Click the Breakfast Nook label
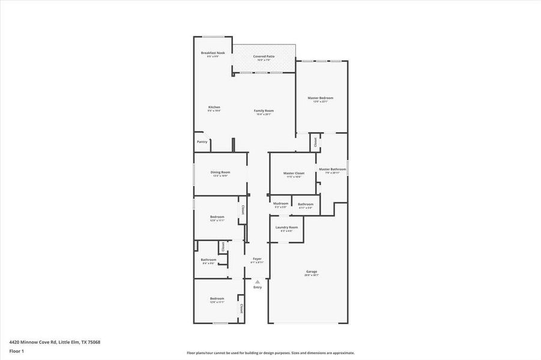click(213, 53)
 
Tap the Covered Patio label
click(264, 56)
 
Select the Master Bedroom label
click(320, 98)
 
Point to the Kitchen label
click(214, 107)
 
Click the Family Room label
click(264, 111)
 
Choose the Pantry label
click(202, 142)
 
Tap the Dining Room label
click(220, 172)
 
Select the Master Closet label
click(293, 173)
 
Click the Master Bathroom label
click(332, 169)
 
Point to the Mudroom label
click(281, 203)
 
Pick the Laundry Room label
click(286, 227)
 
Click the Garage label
click(311, 272)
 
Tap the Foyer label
click(257, 259)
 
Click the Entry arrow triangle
click(258, 281)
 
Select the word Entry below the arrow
click(258, 287)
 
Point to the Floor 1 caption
click(16, 350)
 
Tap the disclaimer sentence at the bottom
click(270, 353)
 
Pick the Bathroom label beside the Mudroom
click(306, 204)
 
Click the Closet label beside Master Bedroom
click(315, 142)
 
